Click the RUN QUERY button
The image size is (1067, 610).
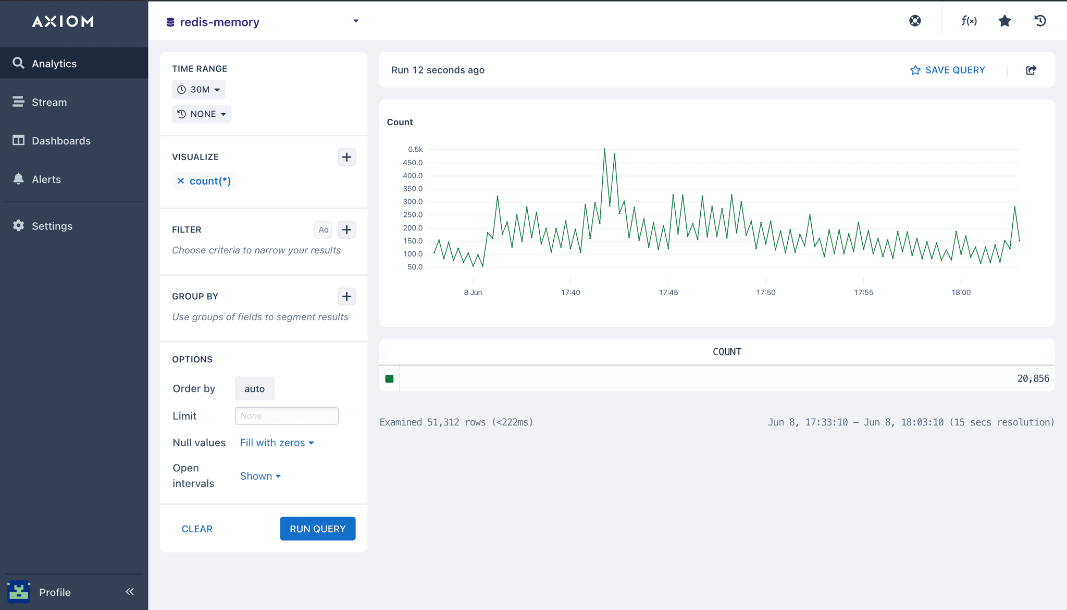coord(317,529)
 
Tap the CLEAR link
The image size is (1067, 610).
coord(197,529)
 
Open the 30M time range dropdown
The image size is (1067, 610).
coord(199,90)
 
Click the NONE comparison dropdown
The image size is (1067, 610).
coord(202,114)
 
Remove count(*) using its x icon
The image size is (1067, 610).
coord(181,181)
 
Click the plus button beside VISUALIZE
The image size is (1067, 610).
coord(346,157)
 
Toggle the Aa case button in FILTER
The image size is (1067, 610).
coord(323,230)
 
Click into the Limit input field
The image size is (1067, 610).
coord(286,416)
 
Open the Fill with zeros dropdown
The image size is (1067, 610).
coord(277,443)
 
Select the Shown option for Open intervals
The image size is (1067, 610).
coord(260,476)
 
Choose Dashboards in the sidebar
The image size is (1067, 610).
coord(61,141)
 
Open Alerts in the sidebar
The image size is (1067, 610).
coord(46,179)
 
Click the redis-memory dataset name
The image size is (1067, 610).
coord(219,22)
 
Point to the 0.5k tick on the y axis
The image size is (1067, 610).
coord(415,150)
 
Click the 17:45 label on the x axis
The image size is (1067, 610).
coord(668,292)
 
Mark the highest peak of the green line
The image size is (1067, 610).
coord(604,149)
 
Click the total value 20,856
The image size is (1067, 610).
coord(1033,379)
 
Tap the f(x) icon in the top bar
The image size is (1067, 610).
coord(969,21)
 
